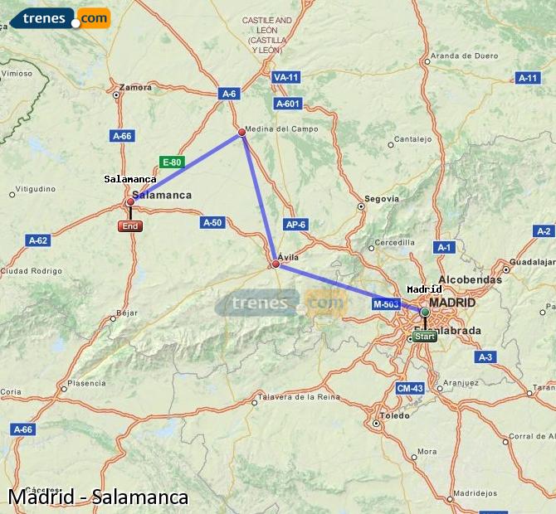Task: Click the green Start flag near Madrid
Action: point(425,337)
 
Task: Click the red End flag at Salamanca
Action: point(130,226)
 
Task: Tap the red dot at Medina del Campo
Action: point(241,132)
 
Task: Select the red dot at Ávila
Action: point(276,264)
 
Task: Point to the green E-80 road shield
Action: point(171,162)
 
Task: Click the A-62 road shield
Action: point(38,240)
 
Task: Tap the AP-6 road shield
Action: point(295,224)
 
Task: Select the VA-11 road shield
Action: point(285,77)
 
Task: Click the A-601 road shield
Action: point(287,104)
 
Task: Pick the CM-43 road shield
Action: point(410,388)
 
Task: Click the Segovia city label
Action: point(382,199)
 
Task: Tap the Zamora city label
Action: point(136,87)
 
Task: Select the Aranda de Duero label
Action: point(463,56)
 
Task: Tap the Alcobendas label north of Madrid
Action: point(470,280)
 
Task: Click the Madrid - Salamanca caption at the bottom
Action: point(98,497)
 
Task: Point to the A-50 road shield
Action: point(212,222)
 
